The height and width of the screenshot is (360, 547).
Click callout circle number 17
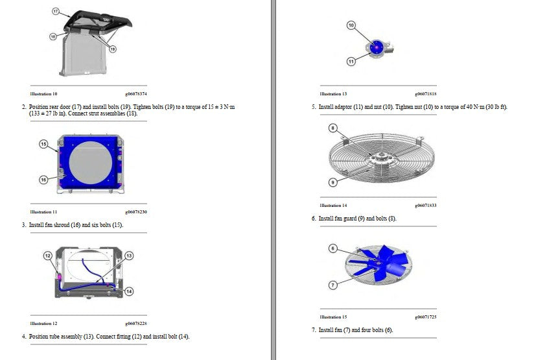coord(56,11)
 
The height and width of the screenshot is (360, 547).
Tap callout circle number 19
coord(112,49)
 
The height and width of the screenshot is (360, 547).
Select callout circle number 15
coord(43,144)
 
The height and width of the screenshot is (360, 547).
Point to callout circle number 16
coord(43,180)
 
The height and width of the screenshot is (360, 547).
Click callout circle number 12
coord(48,256)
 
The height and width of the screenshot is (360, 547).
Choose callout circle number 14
coord(129,291)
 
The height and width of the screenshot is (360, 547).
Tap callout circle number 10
coord(351,25)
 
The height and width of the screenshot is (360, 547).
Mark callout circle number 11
coord(351,62)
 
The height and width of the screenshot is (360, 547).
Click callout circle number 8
coord(333,128)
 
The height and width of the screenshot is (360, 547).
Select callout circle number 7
coord(333,285)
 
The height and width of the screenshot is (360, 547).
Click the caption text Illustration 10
coord(43,94)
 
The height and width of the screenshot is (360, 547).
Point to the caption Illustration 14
coord(334,206)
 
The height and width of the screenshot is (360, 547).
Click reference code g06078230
coord(136,212)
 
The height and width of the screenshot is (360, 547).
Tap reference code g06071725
coord(426,317)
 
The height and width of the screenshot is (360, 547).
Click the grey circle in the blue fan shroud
coord(90,163)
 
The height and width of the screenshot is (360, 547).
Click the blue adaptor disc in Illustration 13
coord(377,47)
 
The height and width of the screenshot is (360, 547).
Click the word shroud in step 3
coord(62,225)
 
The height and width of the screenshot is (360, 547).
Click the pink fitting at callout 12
coord(60,277)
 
